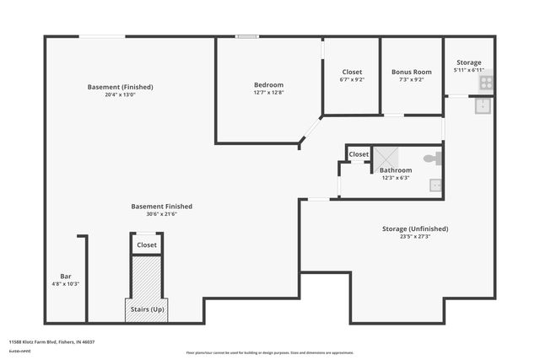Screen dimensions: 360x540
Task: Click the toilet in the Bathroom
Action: coord(430,158)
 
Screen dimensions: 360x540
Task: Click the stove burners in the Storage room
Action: coord(486,83)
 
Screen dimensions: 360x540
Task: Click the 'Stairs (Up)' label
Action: coord(147,309)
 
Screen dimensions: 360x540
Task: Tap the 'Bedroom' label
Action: coord(268,84)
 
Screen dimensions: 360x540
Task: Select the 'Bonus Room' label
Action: coord(411,72)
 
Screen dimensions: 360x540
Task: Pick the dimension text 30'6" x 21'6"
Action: coord(161,214)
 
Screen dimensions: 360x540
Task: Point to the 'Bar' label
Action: coord(65,276)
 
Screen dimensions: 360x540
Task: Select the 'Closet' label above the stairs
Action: coord(147,244)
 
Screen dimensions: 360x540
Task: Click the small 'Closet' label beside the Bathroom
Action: coord(359,154)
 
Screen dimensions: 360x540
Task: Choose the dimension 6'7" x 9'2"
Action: coord(352,80)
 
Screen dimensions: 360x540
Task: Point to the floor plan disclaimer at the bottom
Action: coord(269,352)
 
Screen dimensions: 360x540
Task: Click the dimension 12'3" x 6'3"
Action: coord(395,177)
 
